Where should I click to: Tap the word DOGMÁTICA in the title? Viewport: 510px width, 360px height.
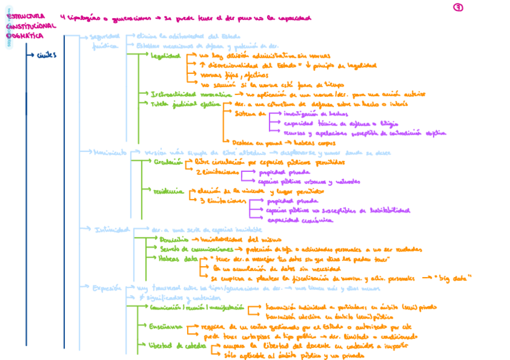[x=25, y=36]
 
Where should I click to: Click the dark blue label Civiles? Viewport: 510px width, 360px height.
[x=46, y=56]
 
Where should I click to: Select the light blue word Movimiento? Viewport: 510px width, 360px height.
[x=109, y=153]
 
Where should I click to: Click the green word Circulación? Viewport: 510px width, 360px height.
[x=168, y=162]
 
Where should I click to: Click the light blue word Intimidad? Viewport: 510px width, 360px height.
[x=112, y=230]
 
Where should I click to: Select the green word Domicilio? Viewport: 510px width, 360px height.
[x=175, y=239]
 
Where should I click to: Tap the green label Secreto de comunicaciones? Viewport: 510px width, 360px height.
[x=197, y=249]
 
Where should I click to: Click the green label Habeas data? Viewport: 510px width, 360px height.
[x=178, y=258]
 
